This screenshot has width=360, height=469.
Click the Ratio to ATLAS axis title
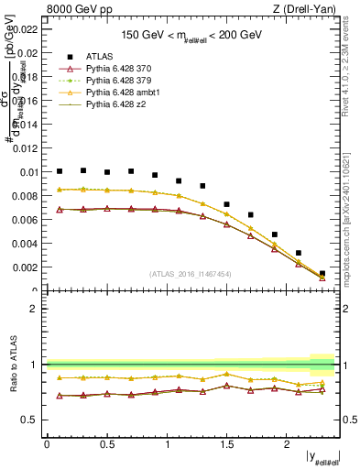(11, 365)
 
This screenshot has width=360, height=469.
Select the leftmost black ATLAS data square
(60, 171)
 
